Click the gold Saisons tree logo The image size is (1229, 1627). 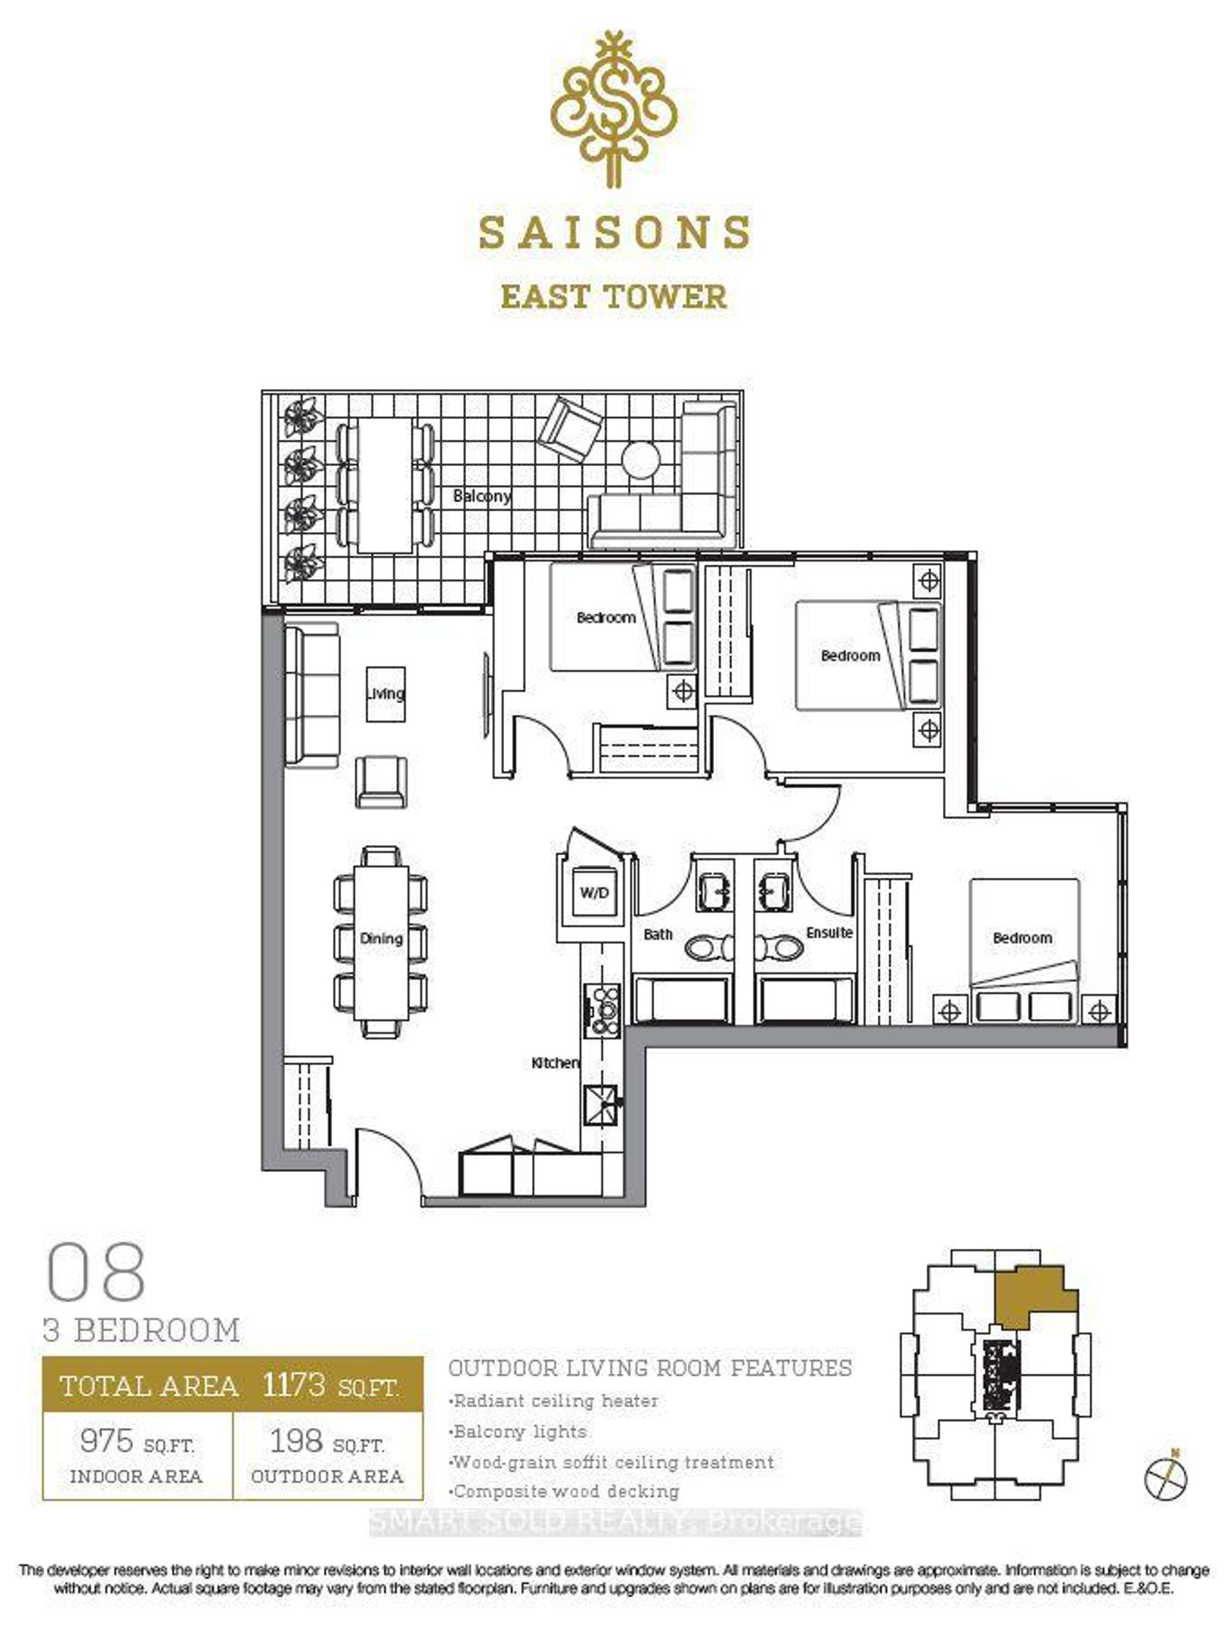(613, 108)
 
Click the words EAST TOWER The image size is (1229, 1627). (613, 297)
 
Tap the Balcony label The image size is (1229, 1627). (482, 496)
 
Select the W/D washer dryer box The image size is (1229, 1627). (593, 893)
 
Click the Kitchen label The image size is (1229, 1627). (555, 1063)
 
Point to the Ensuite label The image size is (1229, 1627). (829, 933)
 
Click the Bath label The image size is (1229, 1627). (658, 934)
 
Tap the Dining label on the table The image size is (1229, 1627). (381, 939)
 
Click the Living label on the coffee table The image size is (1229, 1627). (386, 694)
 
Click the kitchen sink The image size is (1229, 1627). (601, 1105)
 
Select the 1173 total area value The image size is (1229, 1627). (293, 1384)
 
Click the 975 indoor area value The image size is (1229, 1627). (107, 1440)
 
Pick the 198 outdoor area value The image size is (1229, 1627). (296, 1440)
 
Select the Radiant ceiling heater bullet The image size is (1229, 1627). (553, 1400)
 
